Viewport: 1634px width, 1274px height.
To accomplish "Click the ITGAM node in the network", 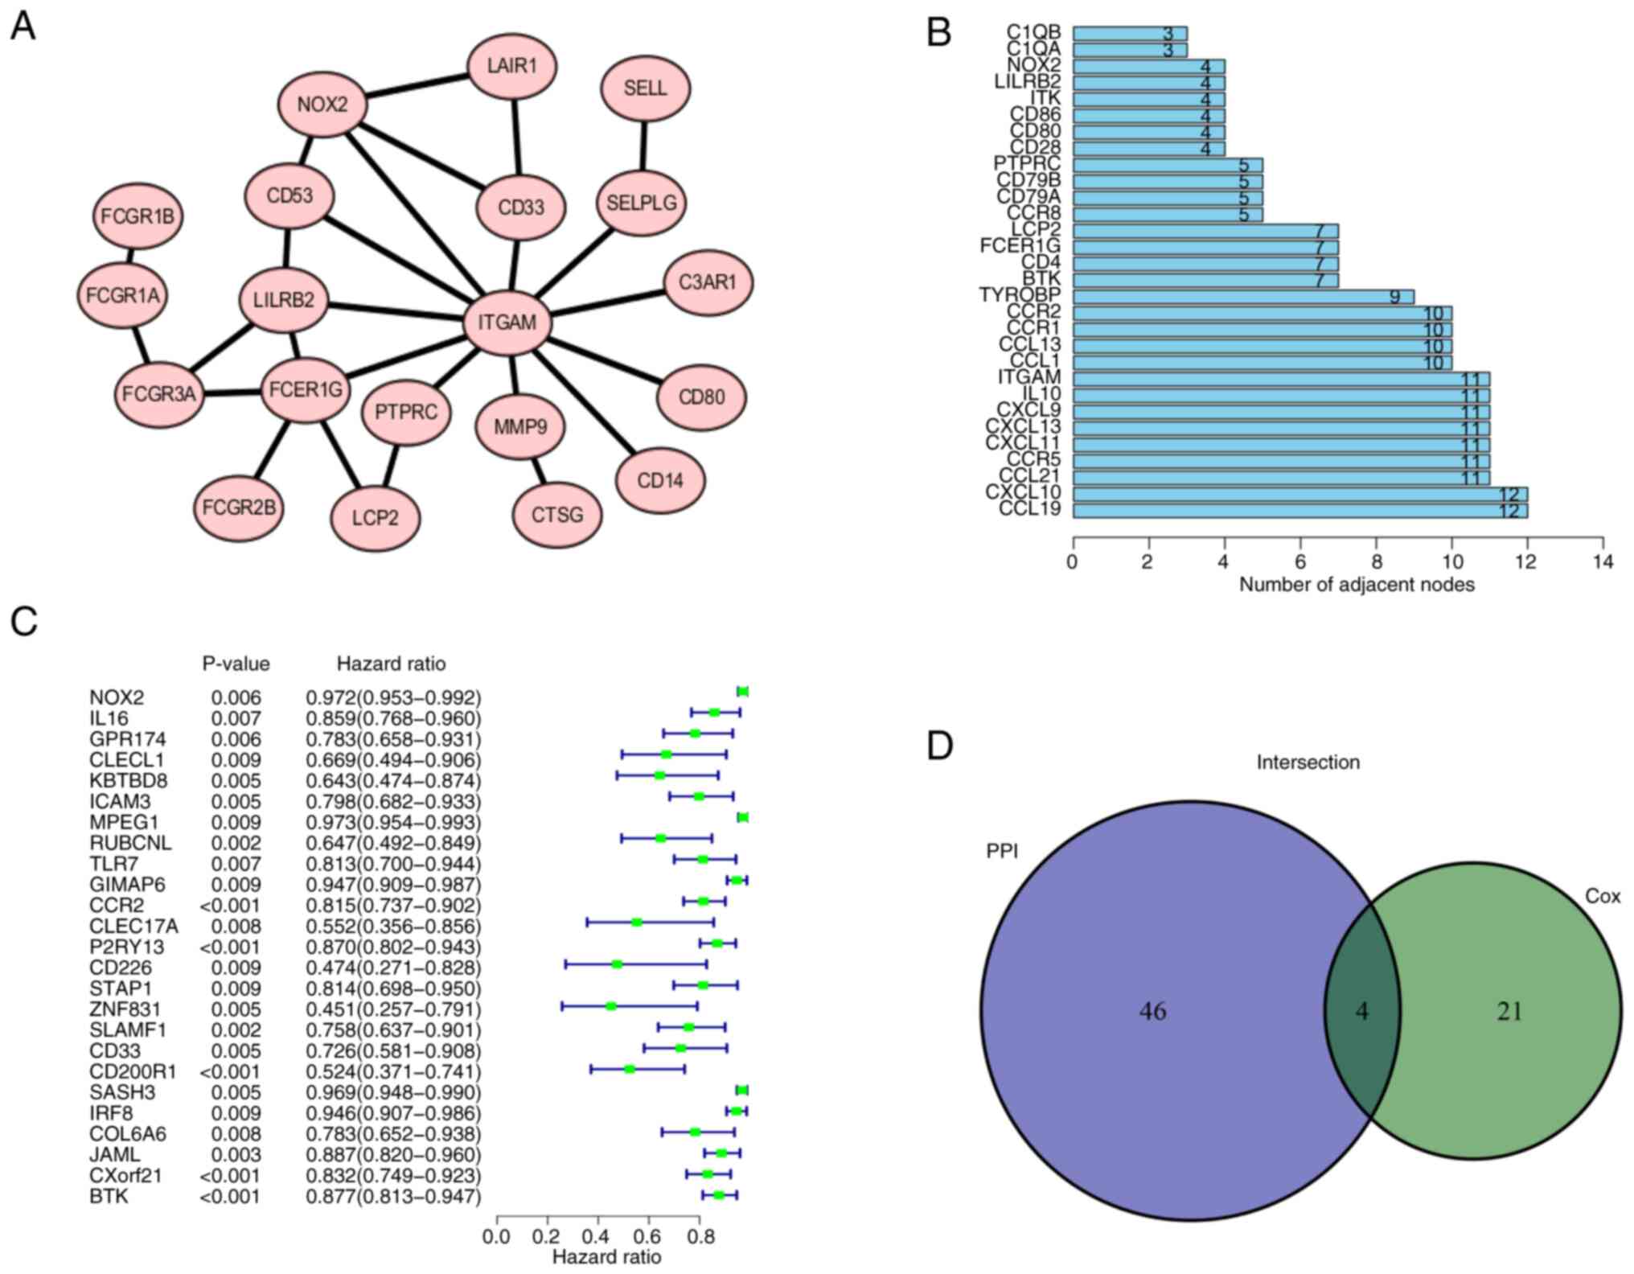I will tap(507, 323).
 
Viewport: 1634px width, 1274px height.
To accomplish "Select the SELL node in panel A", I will tap(645, 88).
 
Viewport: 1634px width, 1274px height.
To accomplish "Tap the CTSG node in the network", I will tap(556, 514).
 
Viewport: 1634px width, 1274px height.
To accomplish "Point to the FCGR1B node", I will tap(138, 216).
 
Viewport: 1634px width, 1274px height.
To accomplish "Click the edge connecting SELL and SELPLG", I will tap(643, 146).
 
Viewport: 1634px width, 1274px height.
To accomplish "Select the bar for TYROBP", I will tap(1243, 297).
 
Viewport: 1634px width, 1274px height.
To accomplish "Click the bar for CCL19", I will tap(1299, 510).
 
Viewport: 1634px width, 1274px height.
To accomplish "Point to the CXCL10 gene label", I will tap(1023, 492).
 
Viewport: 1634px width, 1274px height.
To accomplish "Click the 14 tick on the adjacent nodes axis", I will tap(1603, 562).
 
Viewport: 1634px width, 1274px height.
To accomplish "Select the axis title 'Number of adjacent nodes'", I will tap(1357, 585).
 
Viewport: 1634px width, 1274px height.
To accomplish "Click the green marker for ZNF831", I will tap(611, 1006).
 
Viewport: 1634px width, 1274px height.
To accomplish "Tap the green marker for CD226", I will tap(617, 964).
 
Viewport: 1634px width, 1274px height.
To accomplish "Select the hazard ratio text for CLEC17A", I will tap(393, 927).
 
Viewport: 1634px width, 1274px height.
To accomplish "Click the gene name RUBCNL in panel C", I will tap(130, 843).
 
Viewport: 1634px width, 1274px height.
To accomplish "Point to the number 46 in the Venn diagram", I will tap(1152, 1011).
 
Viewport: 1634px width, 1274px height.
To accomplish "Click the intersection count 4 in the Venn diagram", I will tap(1361, 1011).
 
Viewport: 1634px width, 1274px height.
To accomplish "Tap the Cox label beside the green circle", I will tap(1602, 896).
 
